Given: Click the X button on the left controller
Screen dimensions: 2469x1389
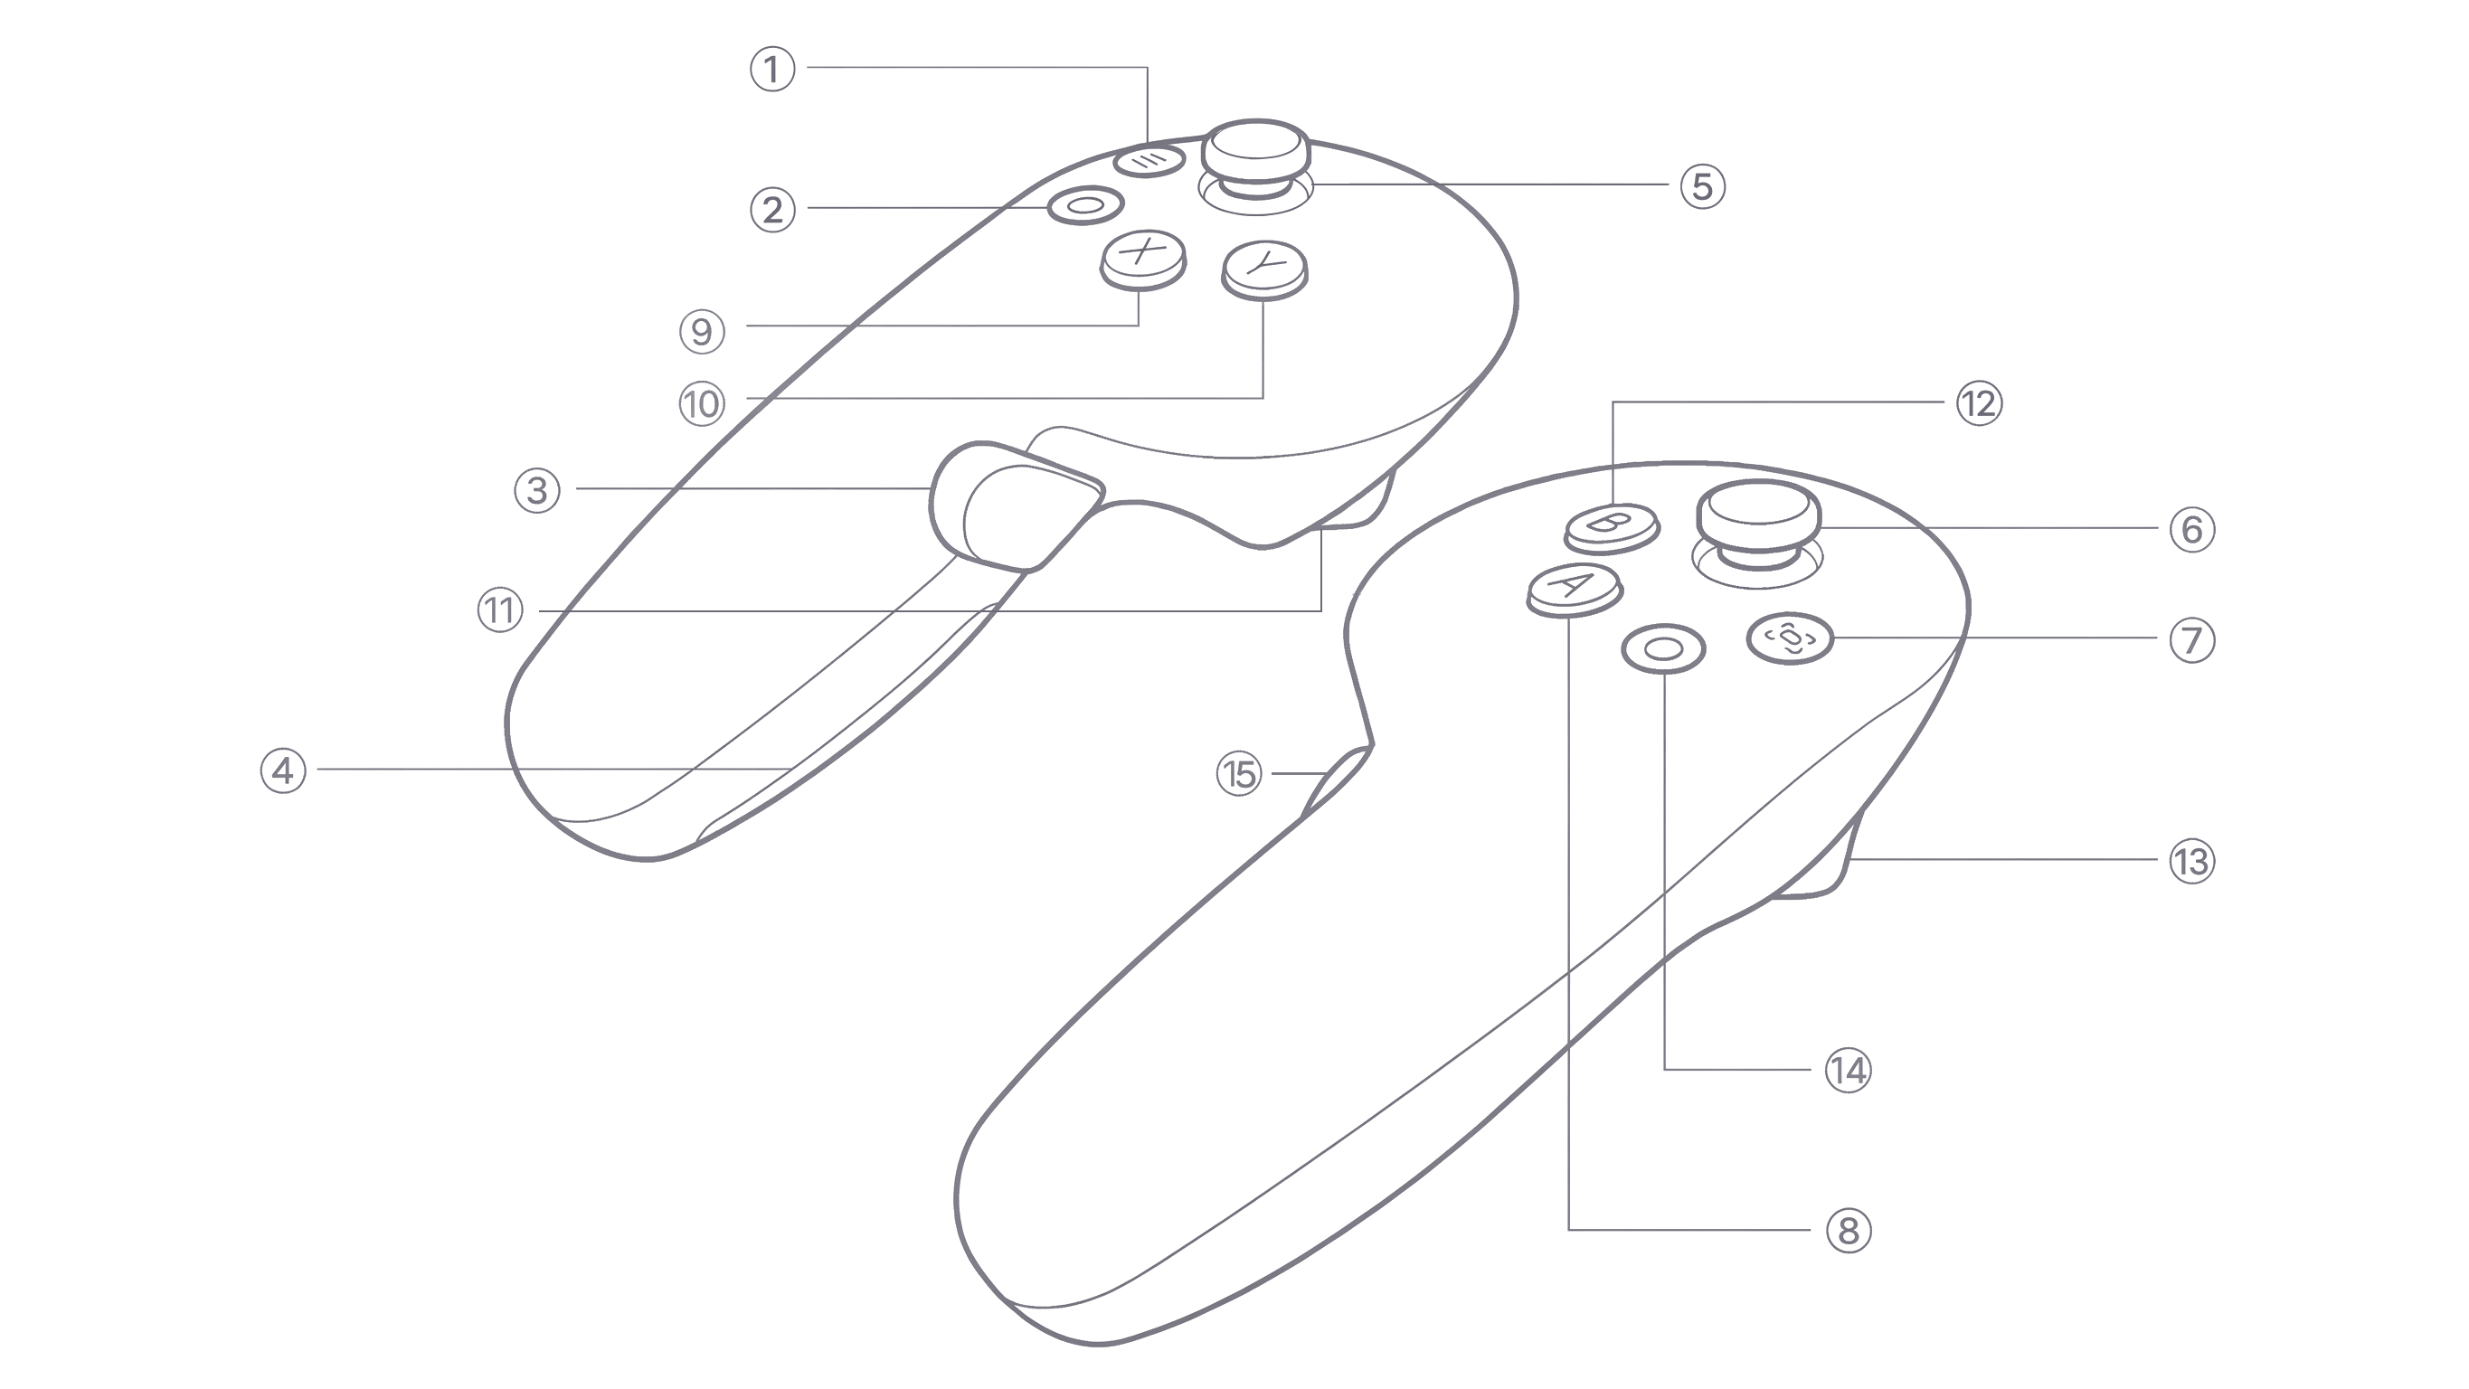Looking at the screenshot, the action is click(x=1142, y=260).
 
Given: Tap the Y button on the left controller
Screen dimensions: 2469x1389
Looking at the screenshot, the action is click(x=1265, y=269).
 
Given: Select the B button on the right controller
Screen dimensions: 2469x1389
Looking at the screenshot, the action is click(x=1613, y=528).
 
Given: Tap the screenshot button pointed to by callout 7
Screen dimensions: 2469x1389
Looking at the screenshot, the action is click(x=1790, y=638).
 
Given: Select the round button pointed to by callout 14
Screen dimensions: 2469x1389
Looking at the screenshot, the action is click(x=1664, y=649).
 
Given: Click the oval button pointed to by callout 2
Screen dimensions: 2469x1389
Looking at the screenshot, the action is click(x=1085, y=205).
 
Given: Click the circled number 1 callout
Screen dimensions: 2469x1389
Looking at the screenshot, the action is click(x=772, y=69).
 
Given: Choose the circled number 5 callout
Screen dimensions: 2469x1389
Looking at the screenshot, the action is click(x=1702, y=186).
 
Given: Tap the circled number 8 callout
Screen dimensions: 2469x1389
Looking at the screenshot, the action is click(x=1849, y=1230).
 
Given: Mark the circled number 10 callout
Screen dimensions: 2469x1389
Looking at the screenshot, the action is click(x=703, y=403).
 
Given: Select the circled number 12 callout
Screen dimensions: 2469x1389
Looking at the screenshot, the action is click(x=1979, y=403).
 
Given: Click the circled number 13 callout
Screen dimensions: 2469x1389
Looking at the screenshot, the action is click(x=2192, y=862).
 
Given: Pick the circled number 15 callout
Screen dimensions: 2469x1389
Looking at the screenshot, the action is click(x=1239, y=773).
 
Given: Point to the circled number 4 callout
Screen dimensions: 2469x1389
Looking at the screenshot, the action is click(x=284, y=770).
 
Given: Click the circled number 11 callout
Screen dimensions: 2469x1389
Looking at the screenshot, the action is click(x=500, y=610).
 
